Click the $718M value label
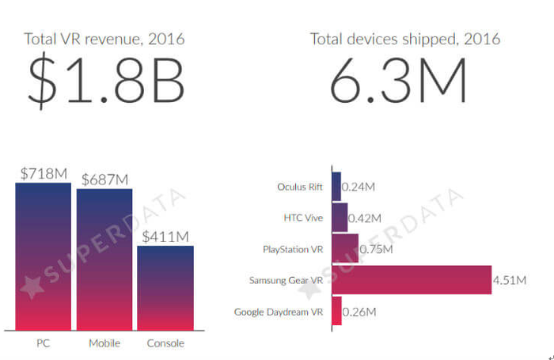(44, 172)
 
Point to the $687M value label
(104, 180)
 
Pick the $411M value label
(165, 236)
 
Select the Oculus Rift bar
(336, 187)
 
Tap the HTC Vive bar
(340, 218)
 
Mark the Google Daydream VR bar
(336, 311)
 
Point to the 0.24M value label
(359, 188)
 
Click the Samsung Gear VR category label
(286, 280)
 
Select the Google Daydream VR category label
(279, 312)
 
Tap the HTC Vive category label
(303, 218)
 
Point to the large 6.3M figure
(397, 81)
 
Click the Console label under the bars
(165, 343)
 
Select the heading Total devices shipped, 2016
(404, 39)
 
